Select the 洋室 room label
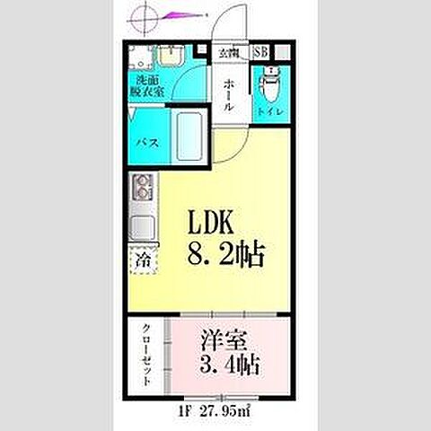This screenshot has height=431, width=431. (221, 342)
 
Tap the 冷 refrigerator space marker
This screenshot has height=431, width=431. (144, 262)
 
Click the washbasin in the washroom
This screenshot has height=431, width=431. (171, 57)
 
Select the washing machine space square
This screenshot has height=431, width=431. (139, 59)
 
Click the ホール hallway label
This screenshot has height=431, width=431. (229, 92)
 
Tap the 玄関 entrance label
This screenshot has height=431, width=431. (226, 52)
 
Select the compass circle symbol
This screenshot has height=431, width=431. (148, 16)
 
